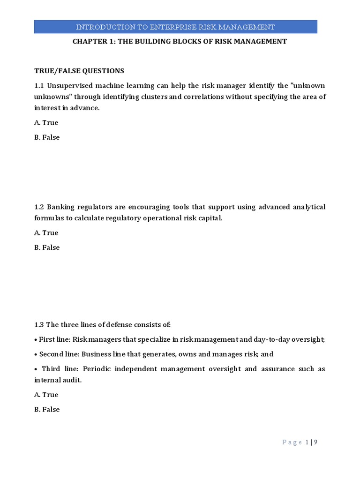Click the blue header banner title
(x=175, y=27)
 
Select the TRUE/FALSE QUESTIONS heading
(x=79, y=71)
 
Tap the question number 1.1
(x=39, y=85)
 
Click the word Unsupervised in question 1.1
(x=69, y=85)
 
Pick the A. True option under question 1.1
(x=46, y=122)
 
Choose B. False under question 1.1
(x=47, y=137)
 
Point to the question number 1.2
(x=39, y=207)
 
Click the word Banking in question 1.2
(x=60, y=207)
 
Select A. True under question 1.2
(x=46, y=232)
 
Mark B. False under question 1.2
(x=47, y=247)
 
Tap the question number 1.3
(x=39, y=324)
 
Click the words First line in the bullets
(x=54, y=339)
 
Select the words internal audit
(x=57, y=380)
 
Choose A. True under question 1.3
(x=46, y=395)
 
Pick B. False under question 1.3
(x=47, y=409)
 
